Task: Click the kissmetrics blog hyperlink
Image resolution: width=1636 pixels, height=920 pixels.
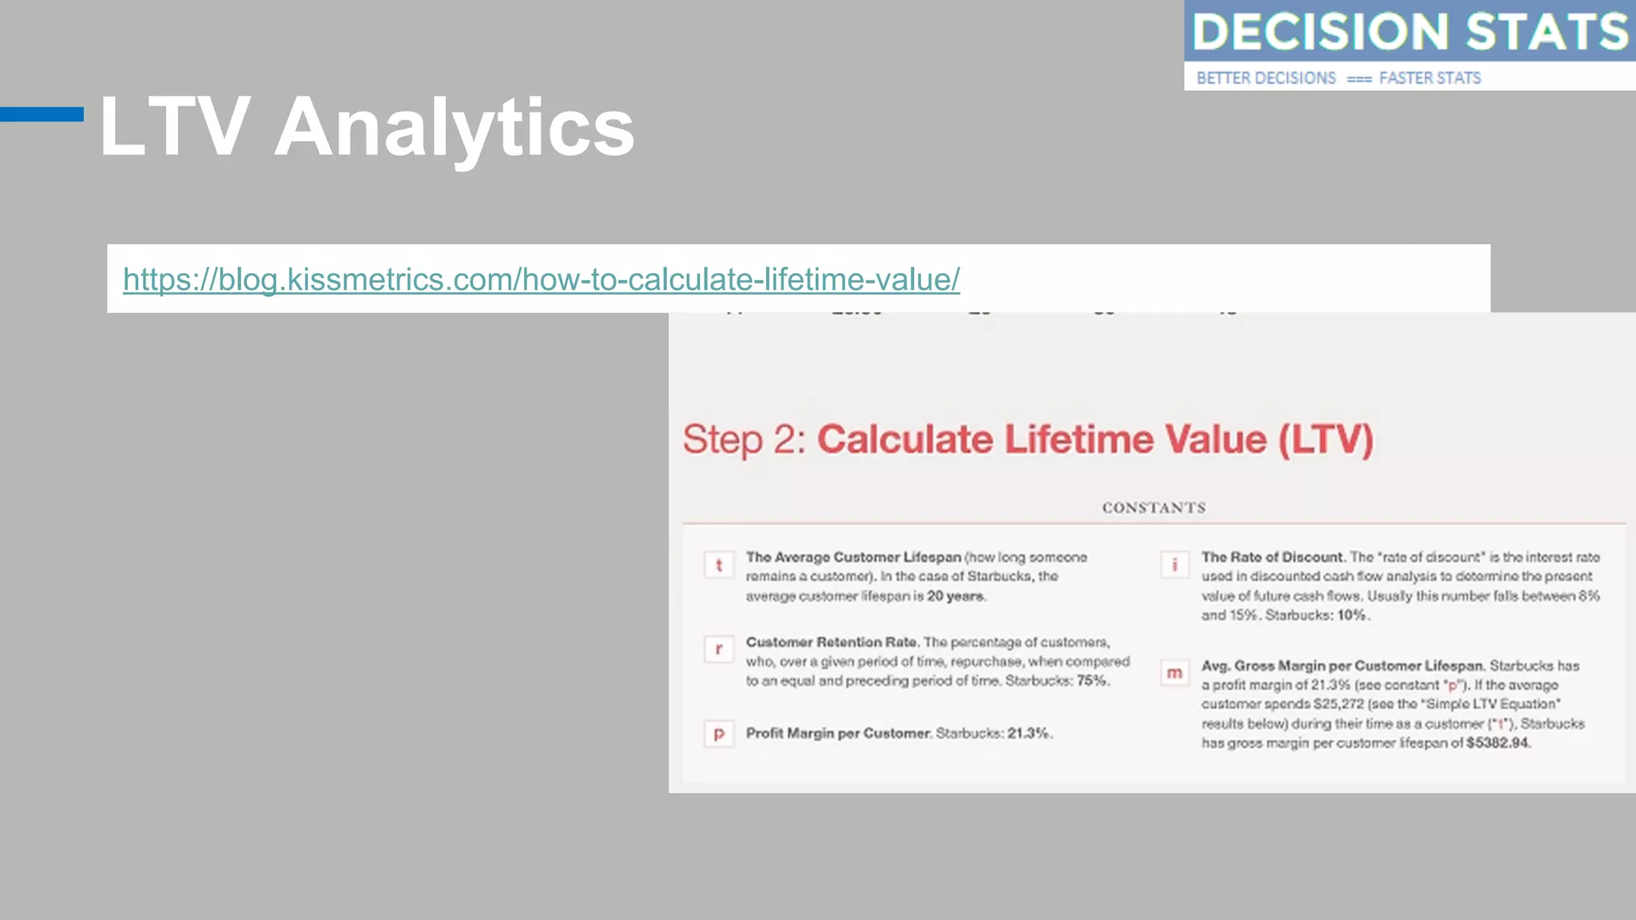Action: [x=541, y=280]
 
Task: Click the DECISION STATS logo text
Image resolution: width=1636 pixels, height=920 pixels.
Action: [x=1410, y=32]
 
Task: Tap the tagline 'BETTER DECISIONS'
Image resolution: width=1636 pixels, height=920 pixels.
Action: [x=1266, y=78]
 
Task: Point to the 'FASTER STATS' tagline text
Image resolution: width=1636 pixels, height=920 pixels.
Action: [x=1430, y=78]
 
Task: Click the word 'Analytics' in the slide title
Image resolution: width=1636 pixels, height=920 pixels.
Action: [x=454, y=128]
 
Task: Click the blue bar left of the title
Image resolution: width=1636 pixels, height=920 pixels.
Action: [x=42, y=114]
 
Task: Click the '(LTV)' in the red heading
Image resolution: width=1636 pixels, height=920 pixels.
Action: [x=1325, y=440]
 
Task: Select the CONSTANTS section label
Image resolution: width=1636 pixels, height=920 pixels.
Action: [x=1154, y=508]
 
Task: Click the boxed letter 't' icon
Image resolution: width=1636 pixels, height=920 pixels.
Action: [x=719, y=565]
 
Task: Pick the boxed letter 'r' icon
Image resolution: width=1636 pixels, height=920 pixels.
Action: [x=719, y=649]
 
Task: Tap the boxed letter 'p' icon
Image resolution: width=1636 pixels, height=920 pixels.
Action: [x=719, y=734]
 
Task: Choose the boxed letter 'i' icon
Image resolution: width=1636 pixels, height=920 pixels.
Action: [x=1174, y=565]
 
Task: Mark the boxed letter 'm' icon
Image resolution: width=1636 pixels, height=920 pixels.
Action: [x=1174, y=673]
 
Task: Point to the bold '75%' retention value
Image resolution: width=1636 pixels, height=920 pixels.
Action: [x=1092, y=681]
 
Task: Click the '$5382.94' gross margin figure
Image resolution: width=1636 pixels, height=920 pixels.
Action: [x=1497, y=744]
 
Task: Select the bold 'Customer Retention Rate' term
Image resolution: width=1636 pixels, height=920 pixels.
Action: [x=832, y=642]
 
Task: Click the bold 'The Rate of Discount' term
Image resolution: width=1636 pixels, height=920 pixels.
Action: [x=1272, y=557]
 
